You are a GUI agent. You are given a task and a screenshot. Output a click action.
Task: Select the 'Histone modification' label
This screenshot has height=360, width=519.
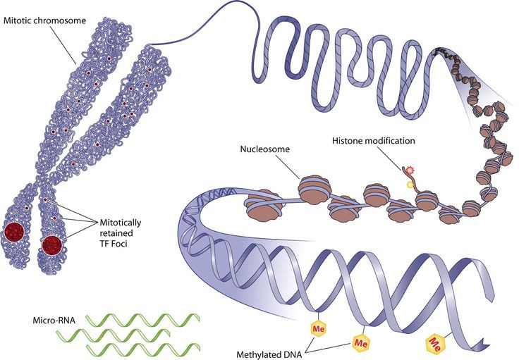pos(374,141)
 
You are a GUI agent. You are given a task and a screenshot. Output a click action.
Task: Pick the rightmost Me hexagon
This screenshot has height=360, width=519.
pos(436,344)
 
